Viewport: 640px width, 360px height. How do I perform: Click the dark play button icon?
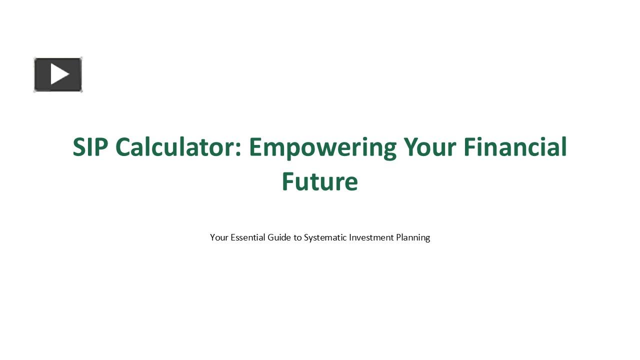tap(58, 74)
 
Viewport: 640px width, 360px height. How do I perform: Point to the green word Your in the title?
tap(430, 147)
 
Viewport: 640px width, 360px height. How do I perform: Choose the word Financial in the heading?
tap(515, 147)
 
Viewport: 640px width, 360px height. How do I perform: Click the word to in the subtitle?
tap(297, 237)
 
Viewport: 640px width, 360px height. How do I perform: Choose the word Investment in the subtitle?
tap(371, 237)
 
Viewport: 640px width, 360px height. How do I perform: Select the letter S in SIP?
tap(80, 147)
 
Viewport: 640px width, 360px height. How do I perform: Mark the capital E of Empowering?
tap(256, 147)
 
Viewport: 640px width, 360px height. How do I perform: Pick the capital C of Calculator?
tap(123, 147)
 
